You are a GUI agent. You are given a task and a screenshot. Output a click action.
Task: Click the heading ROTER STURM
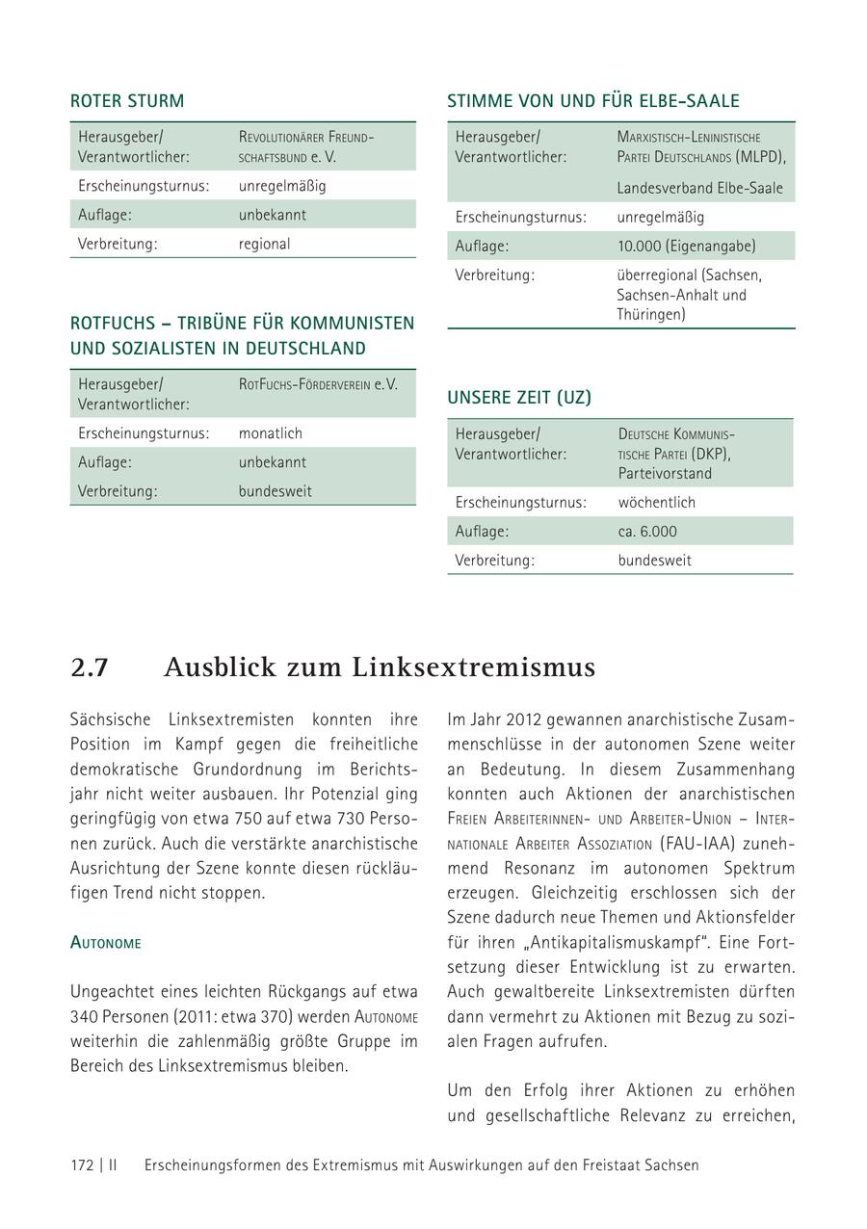coord(127,101)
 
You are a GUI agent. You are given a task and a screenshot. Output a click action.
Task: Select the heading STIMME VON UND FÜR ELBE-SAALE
coord(592,101)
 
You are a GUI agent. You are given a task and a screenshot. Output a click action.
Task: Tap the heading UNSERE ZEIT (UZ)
coord(519,397)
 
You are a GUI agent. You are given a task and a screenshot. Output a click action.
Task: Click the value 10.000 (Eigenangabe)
coord(686,247)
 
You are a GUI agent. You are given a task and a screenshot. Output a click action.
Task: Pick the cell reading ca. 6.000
coord(647,532)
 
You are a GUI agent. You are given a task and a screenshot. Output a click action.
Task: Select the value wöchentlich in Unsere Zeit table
coord(656,503)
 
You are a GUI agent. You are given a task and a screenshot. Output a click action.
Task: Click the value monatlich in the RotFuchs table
coord(270,433)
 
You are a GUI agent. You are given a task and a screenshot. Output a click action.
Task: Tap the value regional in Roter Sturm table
coord(264,245)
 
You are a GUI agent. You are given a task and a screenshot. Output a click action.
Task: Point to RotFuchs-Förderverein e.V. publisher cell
coord(318,384)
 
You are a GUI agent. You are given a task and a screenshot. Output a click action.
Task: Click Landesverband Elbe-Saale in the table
coord(699,189)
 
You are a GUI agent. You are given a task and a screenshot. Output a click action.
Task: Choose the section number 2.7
coord(89,667)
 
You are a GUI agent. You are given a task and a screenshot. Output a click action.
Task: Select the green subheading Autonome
coord(105,943)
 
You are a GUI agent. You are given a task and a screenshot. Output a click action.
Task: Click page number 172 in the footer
coord(82,1165)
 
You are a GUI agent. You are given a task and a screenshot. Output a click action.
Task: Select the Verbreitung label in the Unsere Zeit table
coord(494,561)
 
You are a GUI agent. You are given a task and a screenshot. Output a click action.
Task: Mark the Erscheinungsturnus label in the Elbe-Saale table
coord(520,218)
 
